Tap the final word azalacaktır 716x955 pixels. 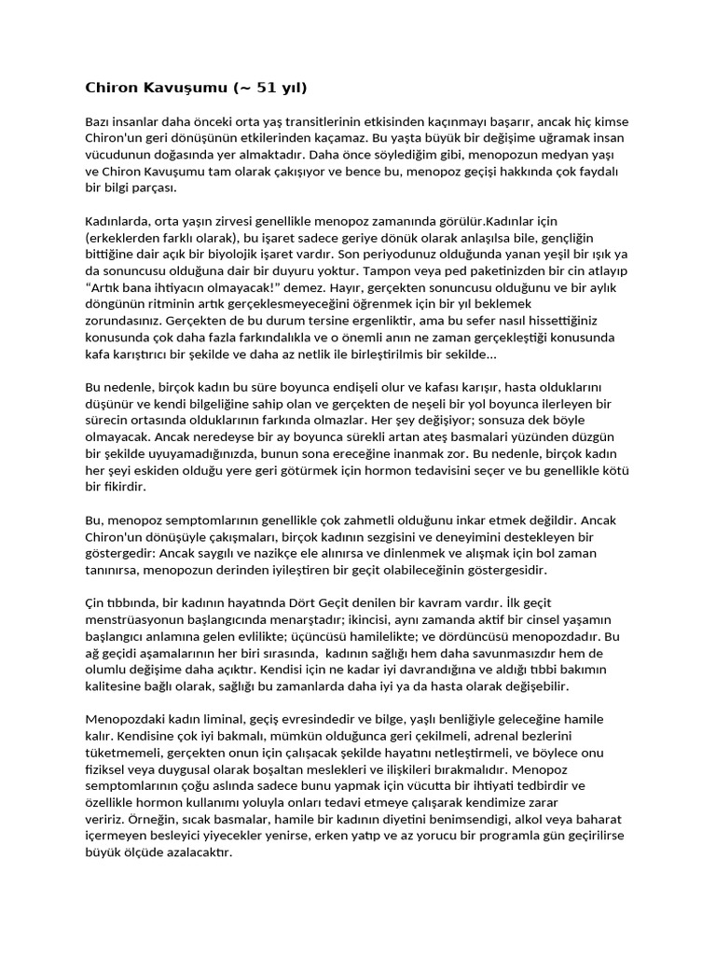[x=196, y=852]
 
